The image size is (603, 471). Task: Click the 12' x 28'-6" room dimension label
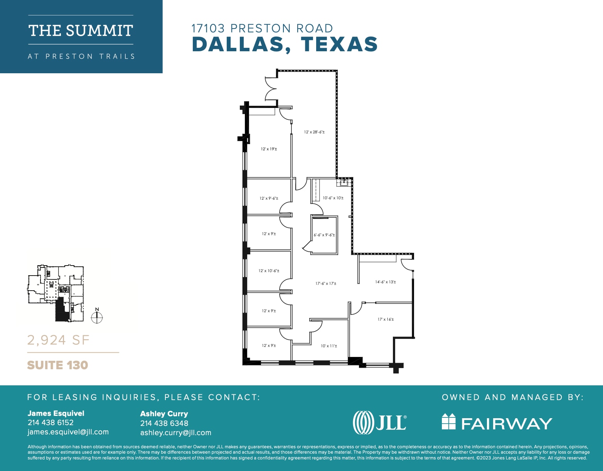(x=314, y=132)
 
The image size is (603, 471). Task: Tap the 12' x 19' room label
(x=269, y=149)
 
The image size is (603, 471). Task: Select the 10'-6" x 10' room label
(x=333, y=198)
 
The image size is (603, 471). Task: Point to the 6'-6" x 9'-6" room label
(x=324, y=235)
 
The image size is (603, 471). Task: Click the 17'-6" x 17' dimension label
(x=326, y=284)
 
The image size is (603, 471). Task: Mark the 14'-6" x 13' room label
(x=386, y=282)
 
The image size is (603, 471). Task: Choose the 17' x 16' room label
(x=386, y=320)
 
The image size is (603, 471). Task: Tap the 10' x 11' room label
(x=329, y=346)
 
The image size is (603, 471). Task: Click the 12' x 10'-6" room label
(x=269, y=271)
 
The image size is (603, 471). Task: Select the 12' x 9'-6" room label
(x=269, y=198)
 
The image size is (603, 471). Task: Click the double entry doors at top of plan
(x=271, y=88)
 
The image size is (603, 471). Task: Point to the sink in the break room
(x=344, y=183)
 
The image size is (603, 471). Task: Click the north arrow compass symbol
(x=97, y=317)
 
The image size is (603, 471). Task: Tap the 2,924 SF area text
(x=58, y=340)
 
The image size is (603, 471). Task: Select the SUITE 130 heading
(x=57, y=365)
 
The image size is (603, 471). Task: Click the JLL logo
(x=379, y=422)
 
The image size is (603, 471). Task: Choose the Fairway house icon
(x=448, y=422)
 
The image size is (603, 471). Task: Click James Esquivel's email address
(x=68, y=432)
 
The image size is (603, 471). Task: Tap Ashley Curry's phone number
(x=164, y=423)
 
